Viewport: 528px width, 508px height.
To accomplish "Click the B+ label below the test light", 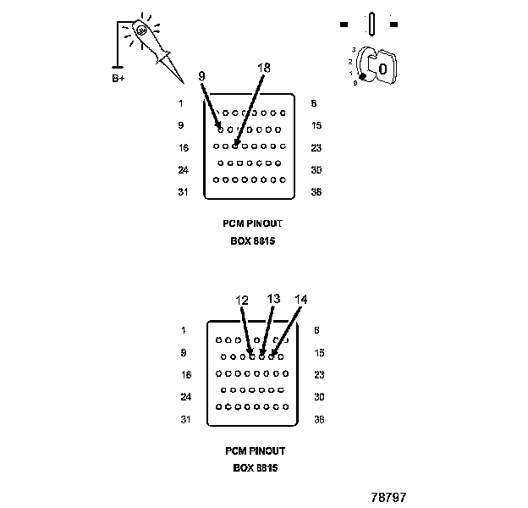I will click(x=118, y=78).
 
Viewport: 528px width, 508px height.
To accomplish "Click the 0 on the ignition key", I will click(x=382, y=68).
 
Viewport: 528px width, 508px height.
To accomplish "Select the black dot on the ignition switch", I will click(x=362, y=77).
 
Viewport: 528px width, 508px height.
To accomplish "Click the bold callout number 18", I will click(x=263, y=67).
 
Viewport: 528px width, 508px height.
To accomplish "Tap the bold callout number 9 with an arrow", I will click(x=201, y=76).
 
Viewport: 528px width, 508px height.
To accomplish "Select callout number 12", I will click(x=242, y=300).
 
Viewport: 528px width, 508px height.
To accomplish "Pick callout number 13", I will click(x=272, y=299).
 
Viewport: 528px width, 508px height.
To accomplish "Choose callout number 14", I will click(x=301, y=300).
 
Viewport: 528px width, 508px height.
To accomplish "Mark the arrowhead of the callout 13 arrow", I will click(x=263, y=355).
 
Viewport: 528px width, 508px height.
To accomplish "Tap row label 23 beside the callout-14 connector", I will click(x=318, y=374).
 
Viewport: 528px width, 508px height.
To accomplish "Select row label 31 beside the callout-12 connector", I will click(x=185, y=418).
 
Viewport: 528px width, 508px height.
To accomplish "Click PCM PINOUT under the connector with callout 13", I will click(x=255, y=451).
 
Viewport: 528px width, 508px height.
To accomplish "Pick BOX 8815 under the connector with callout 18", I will click(x=254, y=240).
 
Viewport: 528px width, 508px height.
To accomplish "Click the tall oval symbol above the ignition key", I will click(x=371, y=24).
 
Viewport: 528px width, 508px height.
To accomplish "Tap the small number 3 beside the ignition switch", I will click(x=353, y=50).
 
